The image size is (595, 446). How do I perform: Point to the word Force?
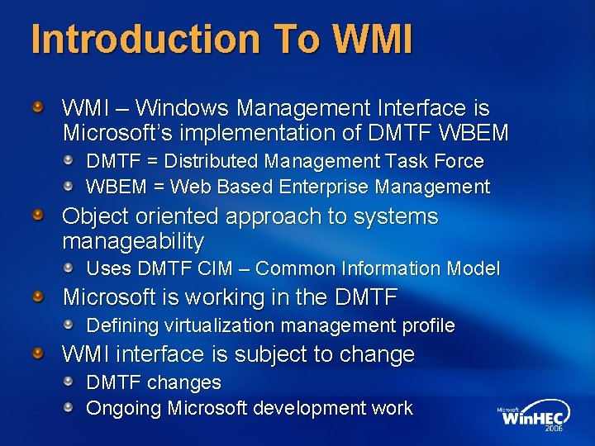tap(458, 161)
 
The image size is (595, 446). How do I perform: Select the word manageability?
tap(133, 241)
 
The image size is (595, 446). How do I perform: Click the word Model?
tap(473, 268)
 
